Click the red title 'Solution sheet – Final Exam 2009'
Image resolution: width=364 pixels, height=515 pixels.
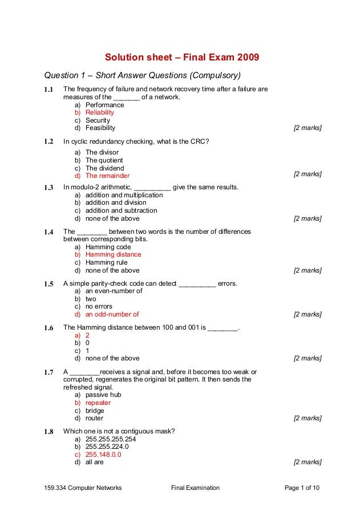pyautogui.click(x=181, y=58)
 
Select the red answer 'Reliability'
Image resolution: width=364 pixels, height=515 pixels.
pyautogui.click(x=100, y=113)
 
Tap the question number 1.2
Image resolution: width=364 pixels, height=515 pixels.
pyautogui.click(x=48, y=141)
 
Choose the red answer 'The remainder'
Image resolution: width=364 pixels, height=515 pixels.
pyautogui.click(x=107, y=176)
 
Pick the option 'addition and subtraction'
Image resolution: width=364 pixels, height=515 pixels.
pyautogui.click(x=121, y=210)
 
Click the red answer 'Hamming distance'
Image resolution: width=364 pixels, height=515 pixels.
pyautogui.click(x=113, y=255)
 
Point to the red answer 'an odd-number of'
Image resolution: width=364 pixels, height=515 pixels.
pyautogui.click(x=112, y=314)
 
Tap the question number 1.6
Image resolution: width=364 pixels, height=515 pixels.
pyautogui.click(x=48, y=328)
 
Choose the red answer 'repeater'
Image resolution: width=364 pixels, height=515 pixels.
pyautogui.click(x=98, y=403)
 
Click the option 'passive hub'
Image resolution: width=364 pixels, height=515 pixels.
pyautogui.click(x=103, y=395)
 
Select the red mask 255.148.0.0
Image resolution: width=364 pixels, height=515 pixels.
pyautogui.click(x=103, y=455)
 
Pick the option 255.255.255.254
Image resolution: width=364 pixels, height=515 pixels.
pyautogui.click(x=111, y=440)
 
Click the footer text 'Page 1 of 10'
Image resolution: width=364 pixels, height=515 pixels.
pyautogui.click(x=302, y=488)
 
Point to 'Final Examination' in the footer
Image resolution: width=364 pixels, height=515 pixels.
pyautogui.click(x=195, y=488)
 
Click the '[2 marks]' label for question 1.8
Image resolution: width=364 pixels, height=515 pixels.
pyautogui.click(x=308, y=463)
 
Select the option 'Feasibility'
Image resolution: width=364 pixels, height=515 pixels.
pyautogui.click(x=100, y=128)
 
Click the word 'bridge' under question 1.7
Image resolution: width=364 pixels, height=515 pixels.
pyautogui.click(x=95, y=411)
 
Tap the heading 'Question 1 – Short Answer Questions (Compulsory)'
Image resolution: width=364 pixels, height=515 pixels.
pyautogui.click(x=143, y=75)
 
